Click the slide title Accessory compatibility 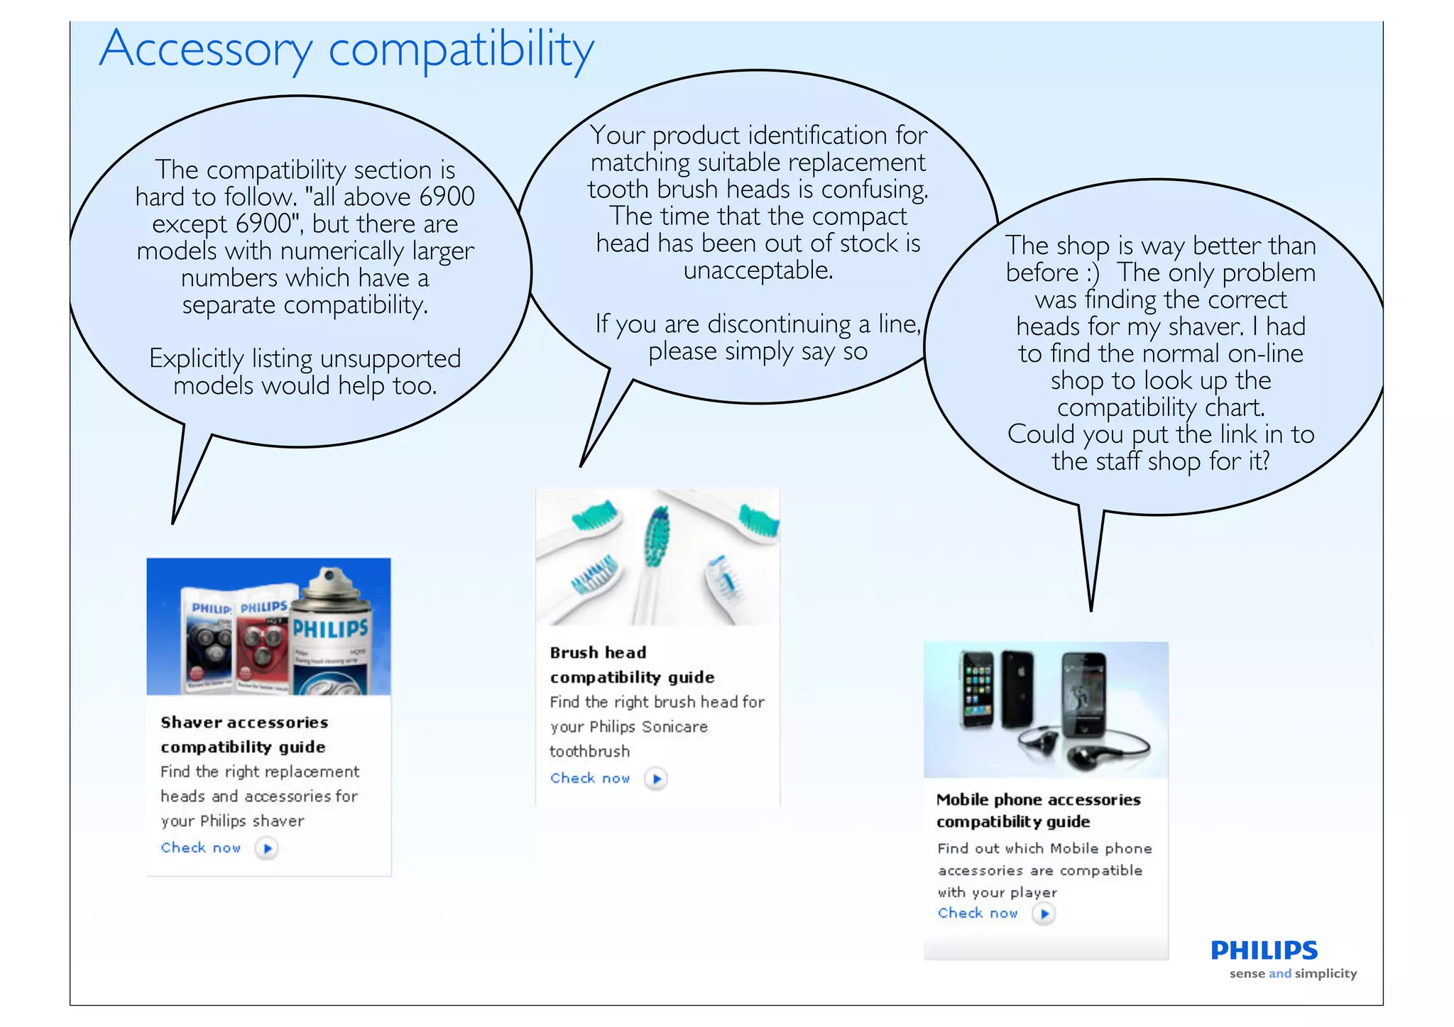[x=346, y=49]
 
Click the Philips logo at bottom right [x=1264, y=950]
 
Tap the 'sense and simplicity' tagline [x=1293, y=974]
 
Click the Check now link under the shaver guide [x=201, y=847]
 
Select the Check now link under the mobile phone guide [x=978, y=913]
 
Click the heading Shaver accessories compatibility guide [x=244, y=735]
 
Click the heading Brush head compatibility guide [x=631, y=664]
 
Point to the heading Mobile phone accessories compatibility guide [x=1038, y=810]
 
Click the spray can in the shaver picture [x=332, y=632]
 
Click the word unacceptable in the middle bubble [x=758, y=270]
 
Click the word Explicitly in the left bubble [x=196, y=359]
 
